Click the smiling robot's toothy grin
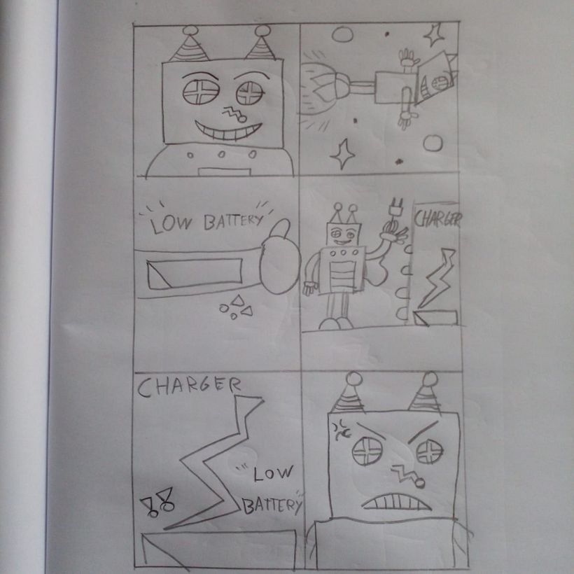(x=227, y=132)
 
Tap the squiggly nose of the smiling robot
(x=234, y=114)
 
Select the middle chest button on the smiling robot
(x=221, y=155)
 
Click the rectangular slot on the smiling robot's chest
(x=224, y=172)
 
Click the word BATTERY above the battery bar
(x=233, y=220)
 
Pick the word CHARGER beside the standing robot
(x=437, y=219)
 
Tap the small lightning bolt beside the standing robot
(x=437, y=278)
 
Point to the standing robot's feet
(x=336, y=323)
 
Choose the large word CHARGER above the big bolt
(x=189, y=386)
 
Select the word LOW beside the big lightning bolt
(x=273, y=473)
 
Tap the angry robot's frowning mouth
(x=396, y=501)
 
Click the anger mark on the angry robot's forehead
(x=341, y=429)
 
